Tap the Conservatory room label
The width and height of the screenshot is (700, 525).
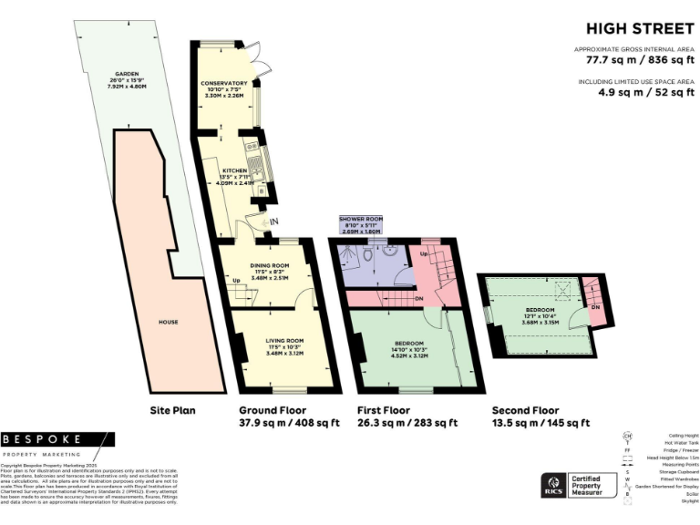pos(223,89)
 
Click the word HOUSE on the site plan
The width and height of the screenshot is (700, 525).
pos(168,322)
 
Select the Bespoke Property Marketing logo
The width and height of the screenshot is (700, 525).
pos(57,443)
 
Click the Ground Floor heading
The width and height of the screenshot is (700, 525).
pos(273,410)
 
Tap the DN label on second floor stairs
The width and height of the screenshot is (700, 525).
pos(594,307)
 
